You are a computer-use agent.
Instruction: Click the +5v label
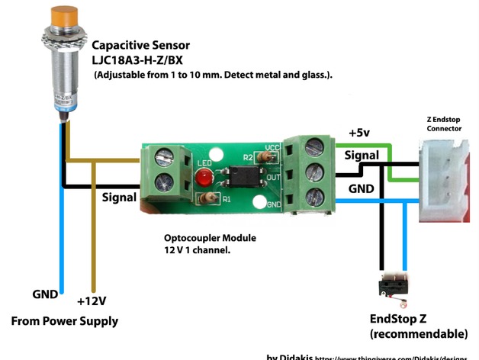tap(360, 132)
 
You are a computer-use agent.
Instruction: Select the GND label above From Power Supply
tap(45, 293)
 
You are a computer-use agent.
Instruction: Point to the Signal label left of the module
tap(119, 197)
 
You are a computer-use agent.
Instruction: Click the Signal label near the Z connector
tap(362, 154)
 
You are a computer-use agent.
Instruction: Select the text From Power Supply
tap(65, 321)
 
